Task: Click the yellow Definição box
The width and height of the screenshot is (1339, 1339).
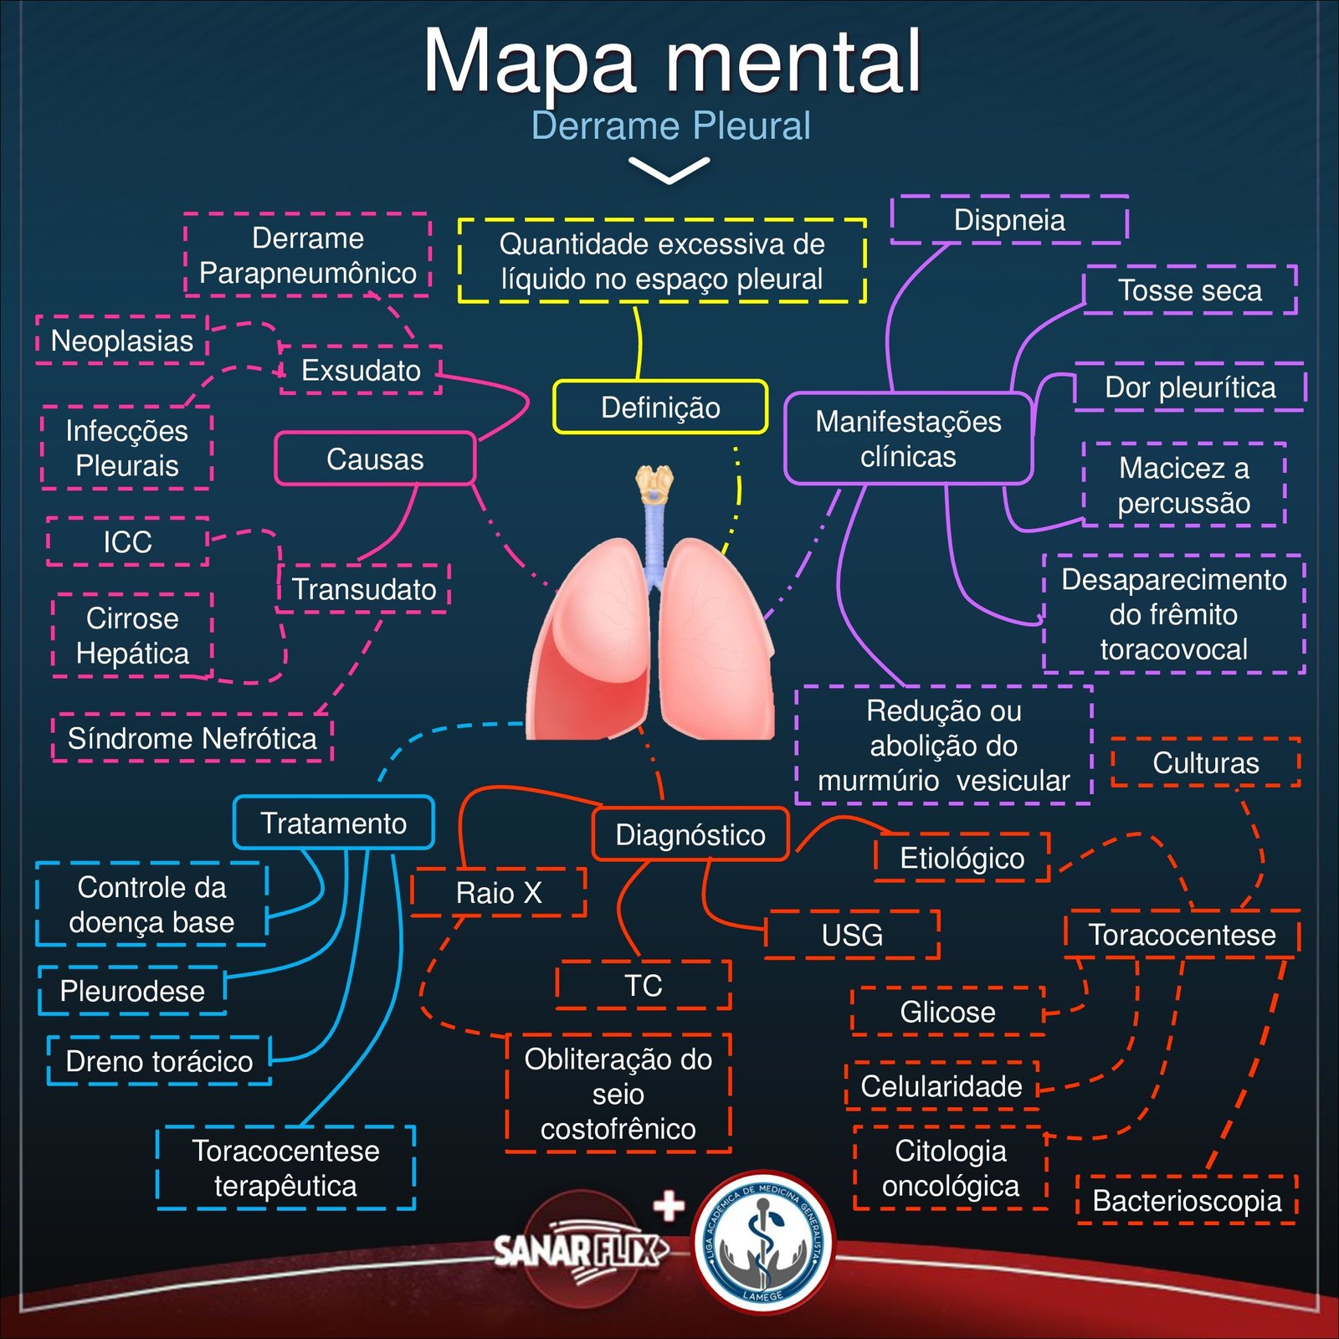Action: click(660, 408)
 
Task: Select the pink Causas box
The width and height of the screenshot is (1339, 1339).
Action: click(375, 459)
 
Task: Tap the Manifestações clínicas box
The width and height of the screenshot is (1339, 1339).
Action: click(908, 439)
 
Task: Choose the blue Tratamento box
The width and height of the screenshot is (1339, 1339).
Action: click(333, 823)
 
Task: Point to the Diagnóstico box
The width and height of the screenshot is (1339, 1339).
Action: click(690, 834)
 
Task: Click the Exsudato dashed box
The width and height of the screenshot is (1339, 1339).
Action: click(361, 370)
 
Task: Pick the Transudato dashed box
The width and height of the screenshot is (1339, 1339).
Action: click(363, 589)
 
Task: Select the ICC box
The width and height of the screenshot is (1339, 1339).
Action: click(127, 541)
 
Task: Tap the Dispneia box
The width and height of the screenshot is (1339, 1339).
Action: click(1009, 220)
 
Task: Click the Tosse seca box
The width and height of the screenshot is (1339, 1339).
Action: click(1189, 290)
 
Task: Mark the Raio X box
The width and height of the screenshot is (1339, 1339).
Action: click(499, 893)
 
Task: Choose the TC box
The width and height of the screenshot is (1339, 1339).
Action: click(643, 986)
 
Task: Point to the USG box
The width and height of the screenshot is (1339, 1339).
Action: click(852, 935)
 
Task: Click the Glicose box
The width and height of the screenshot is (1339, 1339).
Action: click(947, 1012)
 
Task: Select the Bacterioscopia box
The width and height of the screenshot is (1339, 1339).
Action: click(1187, 1201)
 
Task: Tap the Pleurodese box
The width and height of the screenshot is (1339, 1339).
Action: click(132, 991)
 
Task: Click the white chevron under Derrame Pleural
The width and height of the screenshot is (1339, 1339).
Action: click(669, 170)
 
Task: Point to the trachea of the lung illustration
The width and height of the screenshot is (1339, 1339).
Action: click(654, 536)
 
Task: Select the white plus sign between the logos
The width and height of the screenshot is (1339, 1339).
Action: click(669, 1206)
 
